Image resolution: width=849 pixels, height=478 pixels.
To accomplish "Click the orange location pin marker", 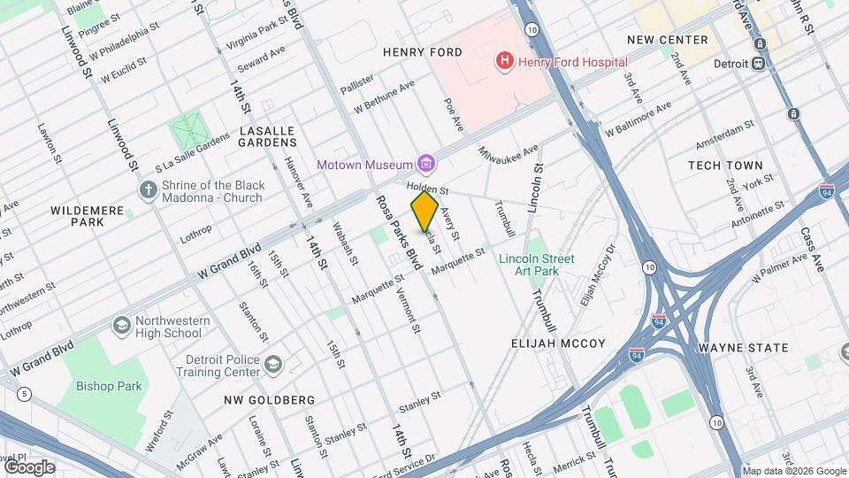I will coord(424,211).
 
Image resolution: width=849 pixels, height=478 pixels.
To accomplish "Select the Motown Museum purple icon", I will coord(427,163).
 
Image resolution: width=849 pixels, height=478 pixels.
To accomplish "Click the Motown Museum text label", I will coord(365,165).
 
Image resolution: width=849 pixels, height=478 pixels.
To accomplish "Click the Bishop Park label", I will coord(109,386).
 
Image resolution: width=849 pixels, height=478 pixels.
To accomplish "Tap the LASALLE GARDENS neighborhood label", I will coord(266,136).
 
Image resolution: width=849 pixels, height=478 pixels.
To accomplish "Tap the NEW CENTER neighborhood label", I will coord(667,40).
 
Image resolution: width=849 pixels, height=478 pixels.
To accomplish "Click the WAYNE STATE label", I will coord(743,348).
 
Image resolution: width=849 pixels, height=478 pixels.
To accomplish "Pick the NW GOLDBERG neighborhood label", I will coord(269,400).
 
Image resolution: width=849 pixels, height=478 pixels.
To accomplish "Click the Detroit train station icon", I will coord(758,64).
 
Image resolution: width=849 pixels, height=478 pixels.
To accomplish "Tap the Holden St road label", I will coord(428,189).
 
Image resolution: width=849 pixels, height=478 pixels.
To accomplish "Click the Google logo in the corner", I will coord(28,466).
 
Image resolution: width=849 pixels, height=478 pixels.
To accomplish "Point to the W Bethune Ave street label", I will coord(384,97).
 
